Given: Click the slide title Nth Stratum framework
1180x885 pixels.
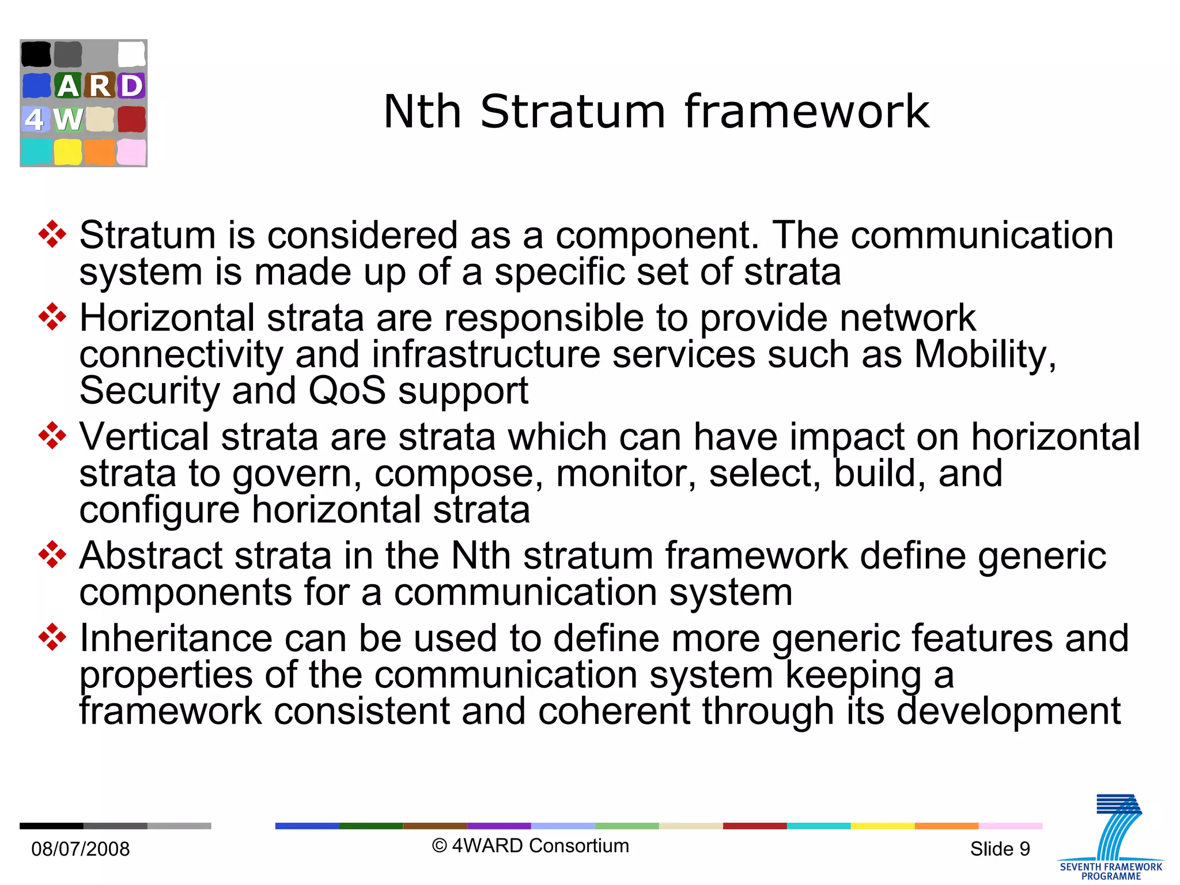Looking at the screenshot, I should click(656, 111).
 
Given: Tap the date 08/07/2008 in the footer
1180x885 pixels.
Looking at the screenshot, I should click(80, 849).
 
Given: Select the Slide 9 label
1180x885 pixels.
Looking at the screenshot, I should click(1000, 849).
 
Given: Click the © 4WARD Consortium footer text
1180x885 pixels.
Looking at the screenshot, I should click(530, 845).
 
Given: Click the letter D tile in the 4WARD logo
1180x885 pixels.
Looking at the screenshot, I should click(131, 86).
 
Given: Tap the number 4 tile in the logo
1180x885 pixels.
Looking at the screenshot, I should click(35, 119).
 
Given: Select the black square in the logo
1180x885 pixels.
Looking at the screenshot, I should click(36, 54).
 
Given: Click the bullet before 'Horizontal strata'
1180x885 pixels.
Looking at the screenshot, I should click(52, 317).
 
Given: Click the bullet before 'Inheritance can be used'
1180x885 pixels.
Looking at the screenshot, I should click(52, 637).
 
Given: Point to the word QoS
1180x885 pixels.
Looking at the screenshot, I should click(347, 391).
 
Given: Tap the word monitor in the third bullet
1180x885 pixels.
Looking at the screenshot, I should click(626, 474).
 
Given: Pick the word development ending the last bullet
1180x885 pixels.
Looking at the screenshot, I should click(1009, 711).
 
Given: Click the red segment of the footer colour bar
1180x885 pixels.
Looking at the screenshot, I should click(754, 826).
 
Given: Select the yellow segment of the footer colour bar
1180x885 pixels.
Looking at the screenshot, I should click(882, 826).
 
